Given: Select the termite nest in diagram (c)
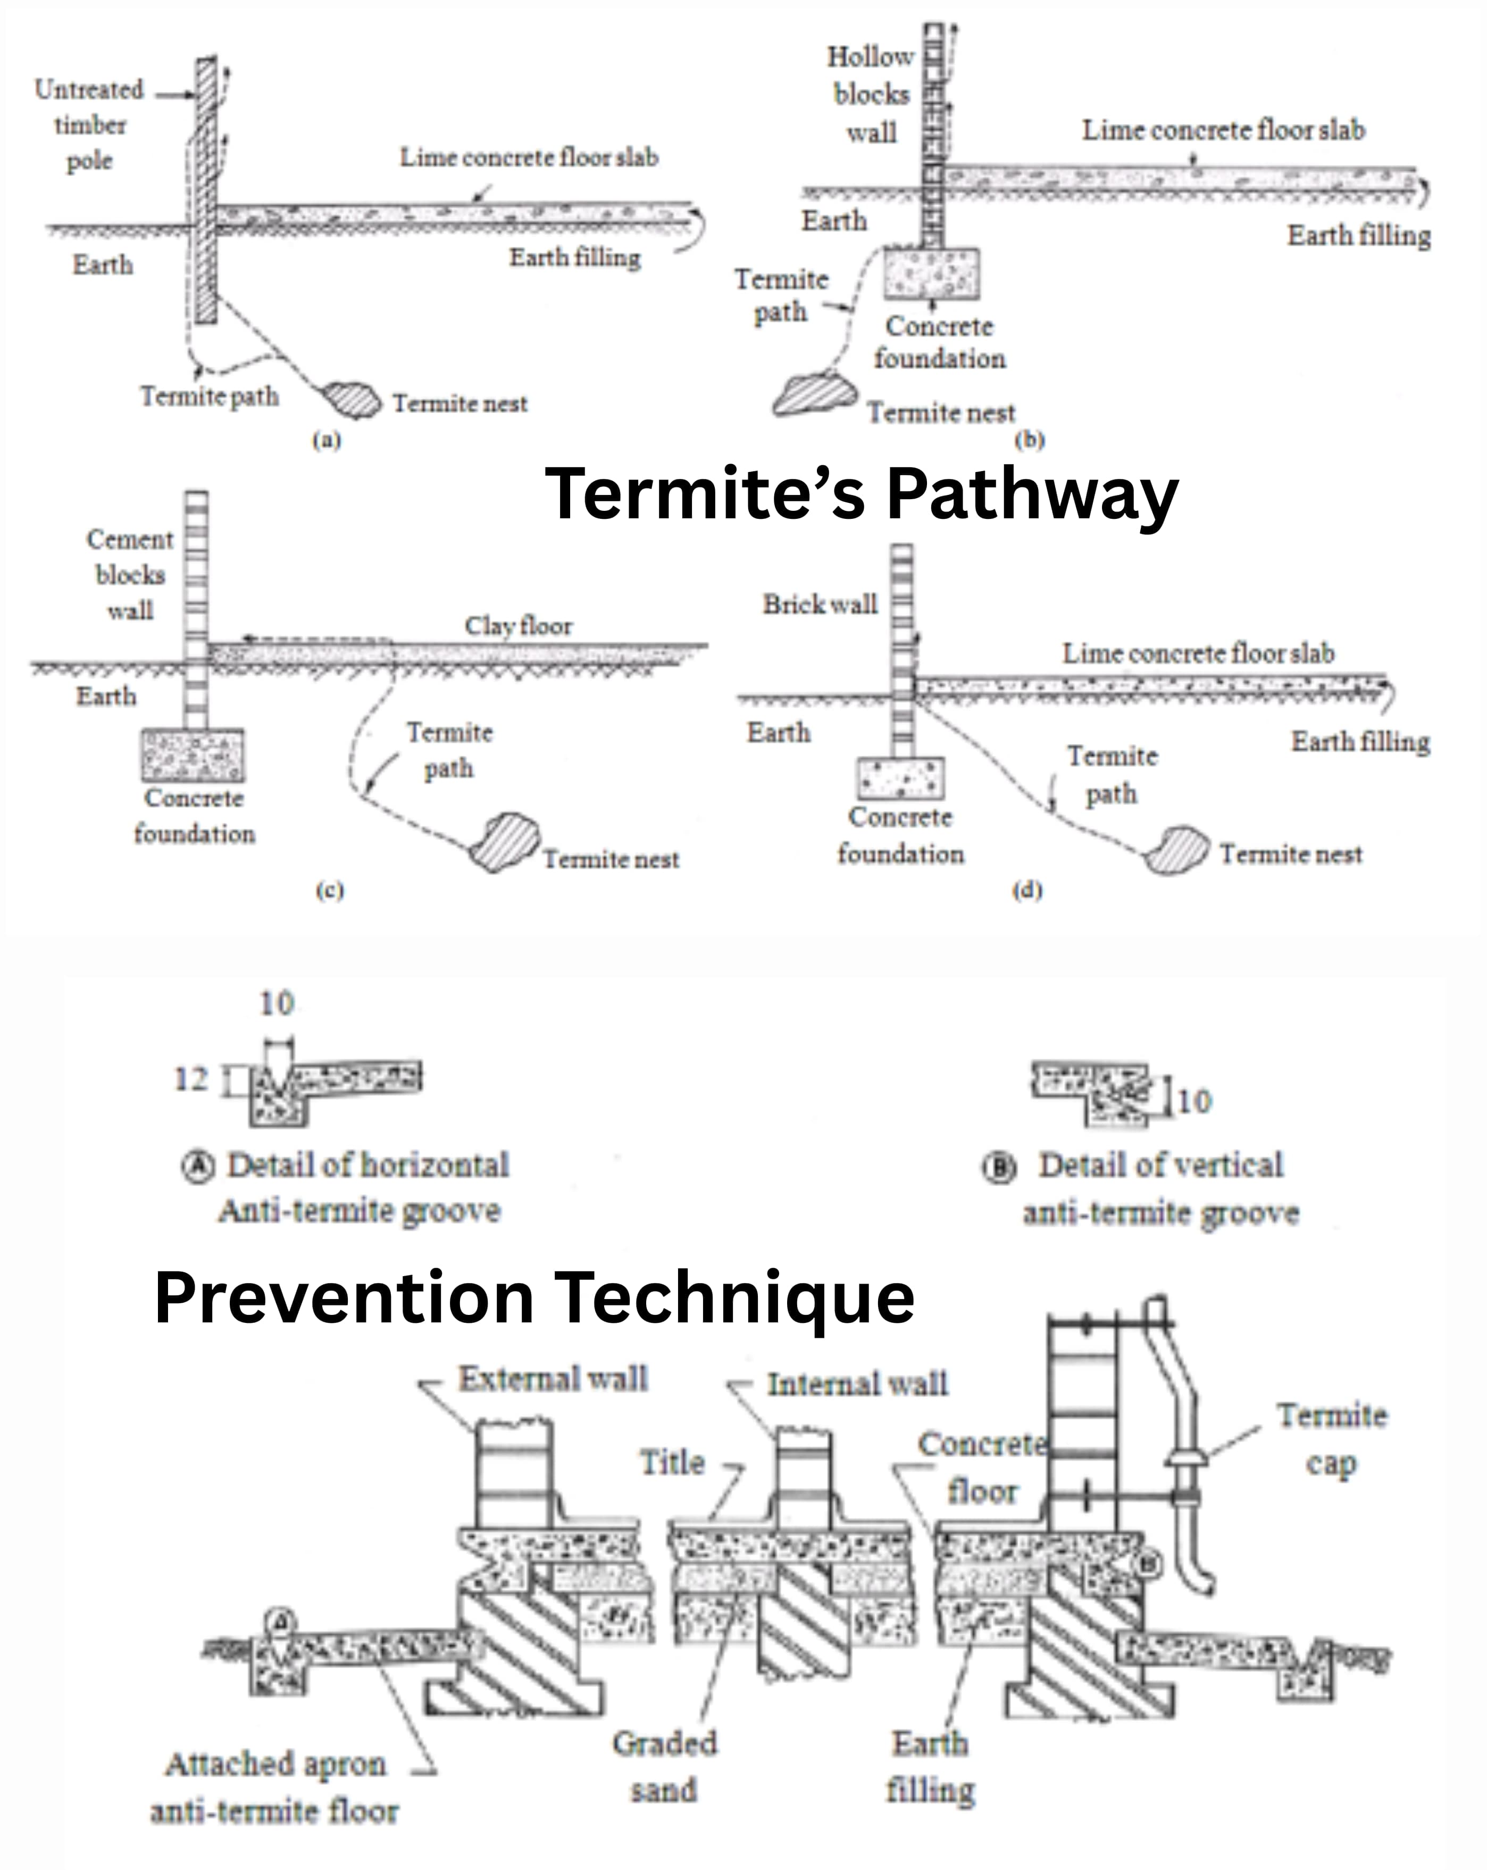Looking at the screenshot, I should [x=504, y=841].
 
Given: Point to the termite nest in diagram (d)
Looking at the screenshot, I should [x=1175, y=850].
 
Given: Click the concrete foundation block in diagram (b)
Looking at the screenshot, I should [x=932, y=273].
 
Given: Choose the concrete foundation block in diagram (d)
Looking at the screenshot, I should [x=900, y=778].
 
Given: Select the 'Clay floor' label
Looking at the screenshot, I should [x=519, y=625].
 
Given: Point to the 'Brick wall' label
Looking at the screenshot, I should [x=820, y=603].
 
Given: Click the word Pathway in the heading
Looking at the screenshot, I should [x=1032, y=493].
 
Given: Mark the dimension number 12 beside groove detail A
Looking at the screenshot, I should [x=191, y=1079].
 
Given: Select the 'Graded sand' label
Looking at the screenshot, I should [x=664, y=1766].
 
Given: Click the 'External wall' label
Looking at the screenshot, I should [x=553, y=1378].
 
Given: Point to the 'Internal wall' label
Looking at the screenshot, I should [x=857, y=1384].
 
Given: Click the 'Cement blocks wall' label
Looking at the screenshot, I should [x=130, y=574].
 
